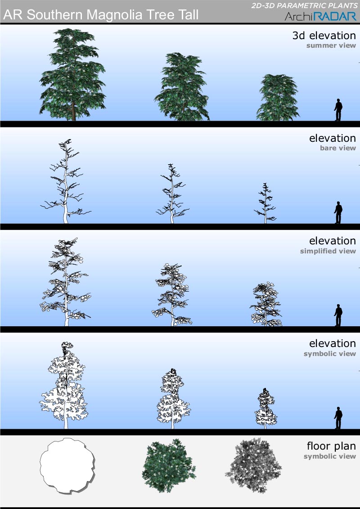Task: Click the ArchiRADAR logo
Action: coord(320,16)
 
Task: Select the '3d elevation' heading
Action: coord(324,36)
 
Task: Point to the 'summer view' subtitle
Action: coord(331,45)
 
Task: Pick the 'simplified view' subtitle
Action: coord(328,251)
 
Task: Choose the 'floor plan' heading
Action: coord(332,446)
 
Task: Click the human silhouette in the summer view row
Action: coord(338,110)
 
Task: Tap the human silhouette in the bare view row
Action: coord(338,212)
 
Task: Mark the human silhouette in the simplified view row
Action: coord(338,315)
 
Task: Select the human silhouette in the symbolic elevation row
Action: coord(338,418)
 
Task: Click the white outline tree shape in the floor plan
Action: coord(67,466)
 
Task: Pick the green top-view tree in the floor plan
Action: coord(169,465)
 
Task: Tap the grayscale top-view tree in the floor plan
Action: coord(253,465)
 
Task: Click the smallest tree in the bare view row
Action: coord(265,203)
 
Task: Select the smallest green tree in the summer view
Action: coord(278,97)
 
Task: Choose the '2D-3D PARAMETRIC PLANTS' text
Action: coord(305,6)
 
